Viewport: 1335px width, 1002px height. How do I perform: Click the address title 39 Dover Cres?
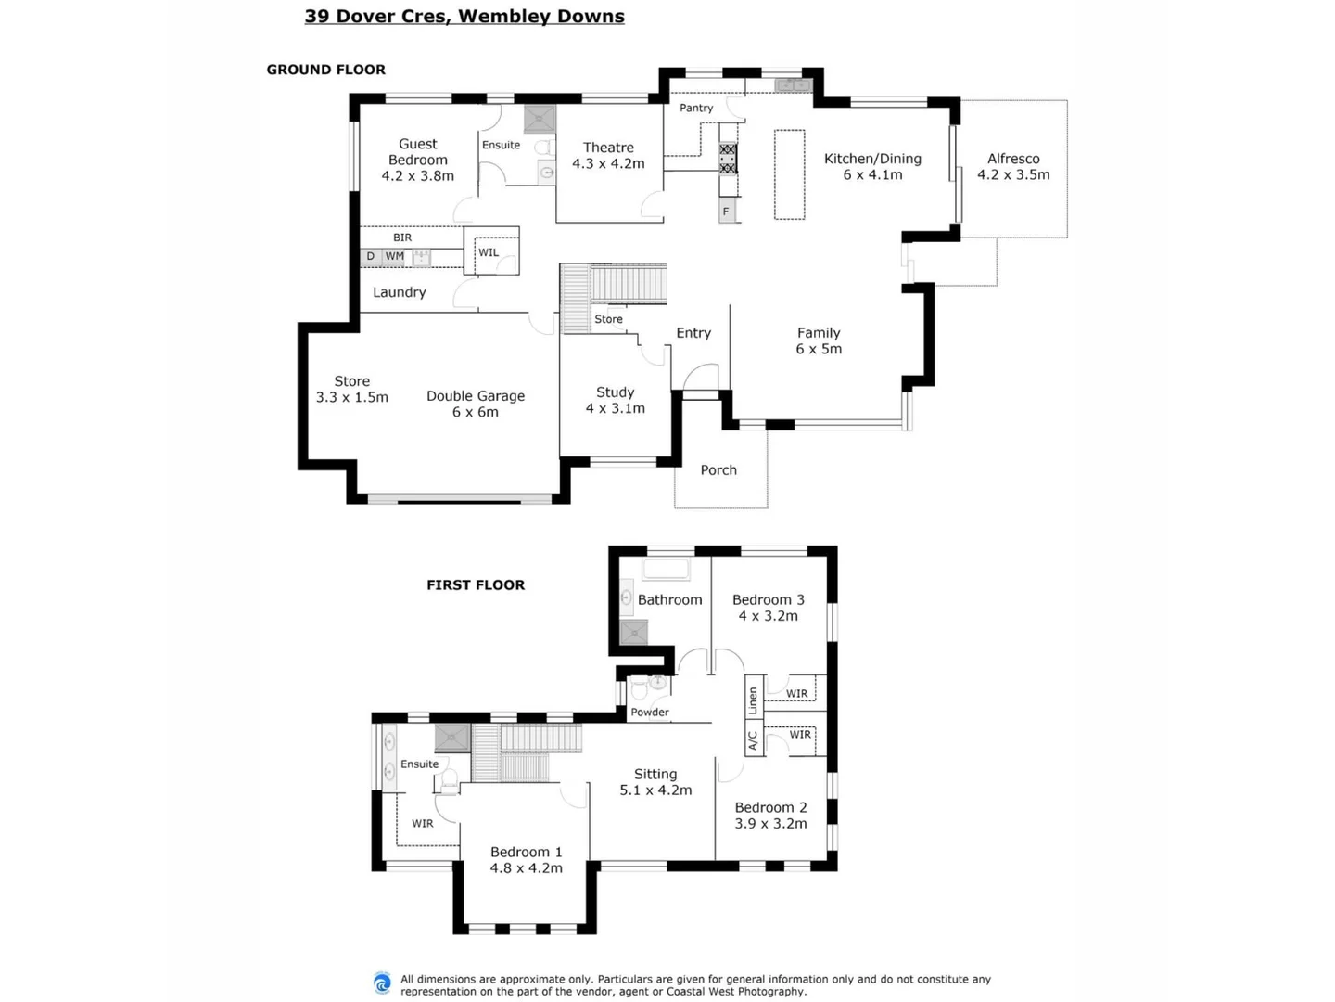pos(464,17)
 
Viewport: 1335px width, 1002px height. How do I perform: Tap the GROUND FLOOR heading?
pos(325,70)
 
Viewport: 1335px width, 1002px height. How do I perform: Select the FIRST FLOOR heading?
pos(476,585)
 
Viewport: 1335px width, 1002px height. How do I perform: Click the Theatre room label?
pos(608,155)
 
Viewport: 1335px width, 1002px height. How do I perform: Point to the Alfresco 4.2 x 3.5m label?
pos(1013,167)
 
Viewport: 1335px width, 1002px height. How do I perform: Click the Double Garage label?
pos(476,404)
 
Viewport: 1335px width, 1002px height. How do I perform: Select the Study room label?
pos(615,400)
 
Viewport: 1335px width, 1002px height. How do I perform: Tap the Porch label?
pos(718,470)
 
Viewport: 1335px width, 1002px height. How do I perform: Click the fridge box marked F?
pos(727,212)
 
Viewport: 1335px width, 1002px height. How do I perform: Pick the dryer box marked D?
pos(371,257)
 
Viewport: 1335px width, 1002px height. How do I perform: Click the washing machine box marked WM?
pos(395,257)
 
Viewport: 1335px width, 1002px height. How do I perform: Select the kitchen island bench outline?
pos(789,174)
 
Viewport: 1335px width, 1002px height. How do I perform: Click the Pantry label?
pos(696,109)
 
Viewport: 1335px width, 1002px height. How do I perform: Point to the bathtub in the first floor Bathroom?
pos(667,570)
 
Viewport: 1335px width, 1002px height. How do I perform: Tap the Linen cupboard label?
pos(753,700)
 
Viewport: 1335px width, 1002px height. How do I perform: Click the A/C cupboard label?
pos(753,740)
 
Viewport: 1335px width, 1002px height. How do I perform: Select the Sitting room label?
pos(655,782)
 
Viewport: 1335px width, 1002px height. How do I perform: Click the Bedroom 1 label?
pos(526,860)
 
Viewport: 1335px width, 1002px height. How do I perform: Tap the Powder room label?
pos(650,713)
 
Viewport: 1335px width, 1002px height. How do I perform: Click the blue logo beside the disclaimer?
pos(382,984)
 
